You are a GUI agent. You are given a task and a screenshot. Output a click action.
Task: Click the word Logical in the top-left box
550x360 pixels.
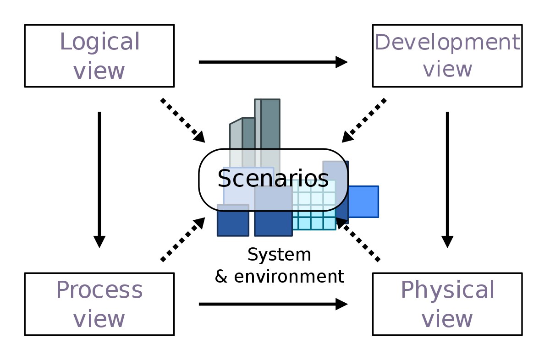pyautogui.click(x=100, y=42)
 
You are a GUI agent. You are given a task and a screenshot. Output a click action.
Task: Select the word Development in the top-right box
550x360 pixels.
pyautogui.click(x=447, y=43)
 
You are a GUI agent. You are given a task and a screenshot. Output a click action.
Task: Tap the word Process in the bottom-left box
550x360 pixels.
pyautogui.click(x=99, y=290)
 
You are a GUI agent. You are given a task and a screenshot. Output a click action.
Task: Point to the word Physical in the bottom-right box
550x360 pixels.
pyautogui.click(x=447, y=291)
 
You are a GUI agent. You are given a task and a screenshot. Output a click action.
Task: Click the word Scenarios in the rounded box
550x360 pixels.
pyautogui.click(x=273, y=179)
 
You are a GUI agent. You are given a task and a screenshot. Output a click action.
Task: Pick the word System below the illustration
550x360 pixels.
pyautogui.click(x=280, y=255)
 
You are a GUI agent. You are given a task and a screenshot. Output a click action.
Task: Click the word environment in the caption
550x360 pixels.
pyautogui.click(x=289, y=277)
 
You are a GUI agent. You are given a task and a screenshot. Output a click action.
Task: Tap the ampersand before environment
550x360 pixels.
pyautogui.click(x=221, y=277)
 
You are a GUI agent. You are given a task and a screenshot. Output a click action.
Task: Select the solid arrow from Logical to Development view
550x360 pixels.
pyautogui.click(x=273, y=62)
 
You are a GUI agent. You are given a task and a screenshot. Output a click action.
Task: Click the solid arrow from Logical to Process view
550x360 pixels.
pyautogui.click(x=99, y=180)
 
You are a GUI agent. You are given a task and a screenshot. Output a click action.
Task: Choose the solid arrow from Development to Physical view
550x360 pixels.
pyautogui.click(x=447, y=180)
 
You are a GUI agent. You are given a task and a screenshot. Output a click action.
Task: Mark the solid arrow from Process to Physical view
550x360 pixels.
pyautogui.click(x=273, y=304)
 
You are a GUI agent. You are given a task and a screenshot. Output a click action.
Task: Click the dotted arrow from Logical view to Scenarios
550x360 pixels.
pyautogui.click(x=183, y=120)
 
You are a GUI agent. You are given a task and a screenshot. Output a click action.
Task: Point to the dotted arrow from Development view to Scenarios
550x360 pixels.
pyautogui.click(x=364, y=120)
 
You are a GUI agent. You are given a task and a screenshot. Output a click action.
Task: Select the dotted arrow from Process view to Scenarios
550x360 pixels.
pyautogui.click(x=183, y=240)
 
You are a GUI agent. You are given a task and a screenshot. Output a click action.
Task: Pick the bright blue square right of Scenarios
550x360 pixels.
pyautogui.click(x=363, y=202)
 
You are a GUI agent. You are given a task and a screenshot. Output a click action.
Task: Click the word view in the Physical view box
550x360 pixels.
pyautogui.click(x=447, y=319)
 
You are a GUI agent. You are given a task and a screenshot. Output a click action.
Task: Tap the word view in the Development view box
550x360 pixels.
pyautogui.click(x=447, y=69)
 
